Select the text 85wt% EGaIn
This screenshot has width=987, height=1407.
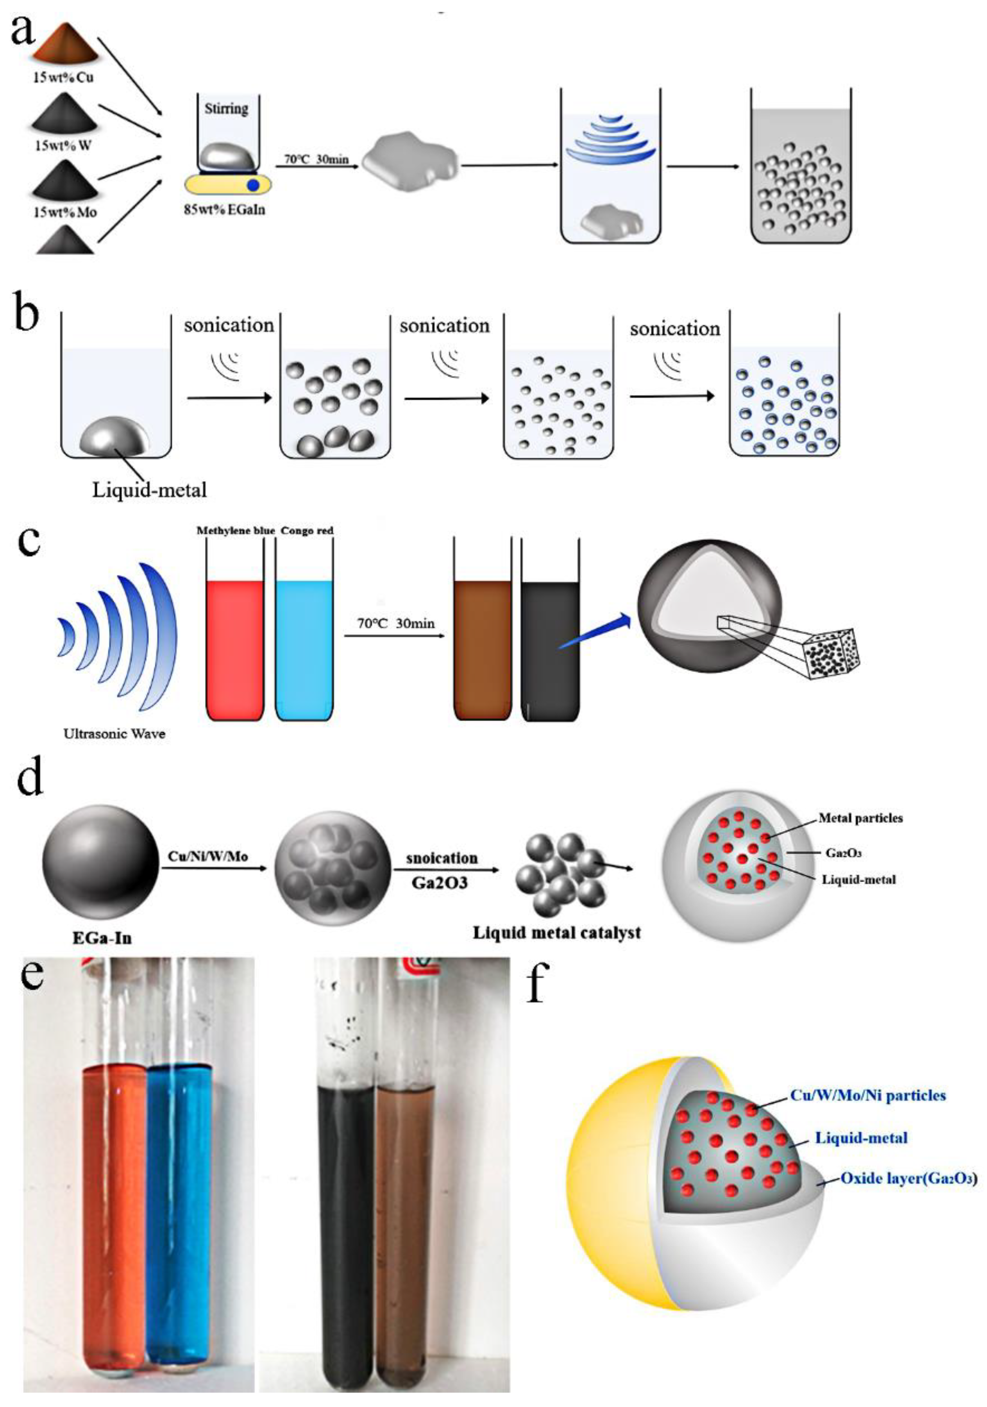coord(225,210)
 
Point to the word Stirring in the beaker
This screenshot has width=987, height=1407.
coord(226,109)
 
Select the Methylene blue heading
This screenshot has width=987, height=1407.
coord(235,531)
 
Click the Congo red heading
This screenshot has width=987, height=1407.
coord(307,531)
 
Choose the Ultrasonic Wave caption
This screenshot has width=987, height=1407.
coord(115,733)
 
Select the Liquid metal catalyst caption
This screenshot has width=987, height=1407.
coord(556,933)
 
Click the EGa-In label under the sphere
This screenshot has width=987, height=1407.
coord(102,937)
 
